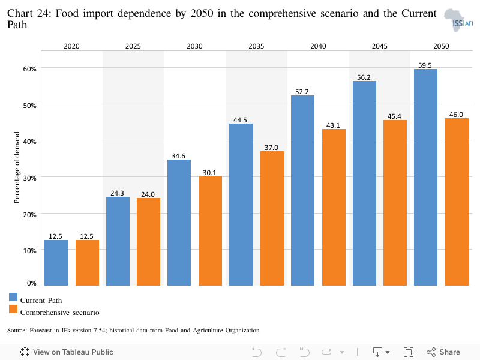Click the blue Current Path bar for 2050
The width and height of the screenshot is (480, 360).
425,177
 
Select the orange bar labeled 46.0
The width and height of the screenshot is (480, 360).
457,202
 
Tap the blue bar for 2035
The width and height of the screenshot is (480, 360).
241,205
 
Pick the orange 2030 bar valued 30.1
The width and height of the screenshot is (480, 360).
211,231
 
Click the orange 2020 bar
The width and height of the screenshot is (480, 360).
87,263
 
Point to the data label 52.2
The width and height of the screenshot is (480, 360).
302,92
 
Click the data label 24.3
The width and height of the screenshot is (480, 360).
117,193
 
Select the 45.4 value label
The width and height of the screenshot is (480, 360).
394,116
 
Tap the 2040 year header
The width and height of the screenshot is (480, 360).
319,46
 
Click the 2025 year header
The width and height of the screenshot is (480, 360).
133,46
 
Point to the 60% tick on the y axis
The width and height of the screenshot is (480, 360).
29,69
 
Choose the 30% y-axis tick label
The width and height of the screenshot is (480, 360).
29,178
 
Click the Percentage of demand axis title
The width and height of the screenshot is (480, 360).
17,167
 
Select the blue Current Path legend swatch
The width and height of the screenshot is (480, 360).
13,297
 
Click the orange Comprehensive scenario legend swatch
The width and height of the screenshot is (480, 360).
13,309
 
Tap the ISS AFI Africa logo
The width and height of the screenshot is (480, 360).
458,20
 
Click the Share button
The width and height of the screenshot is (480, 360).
443,352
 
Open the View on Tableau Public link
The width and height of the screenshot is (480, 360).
67,352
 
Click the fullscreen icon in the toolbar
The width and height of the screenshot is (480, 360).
409,352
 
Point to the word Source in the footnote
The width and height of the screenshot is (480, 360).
17,331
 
